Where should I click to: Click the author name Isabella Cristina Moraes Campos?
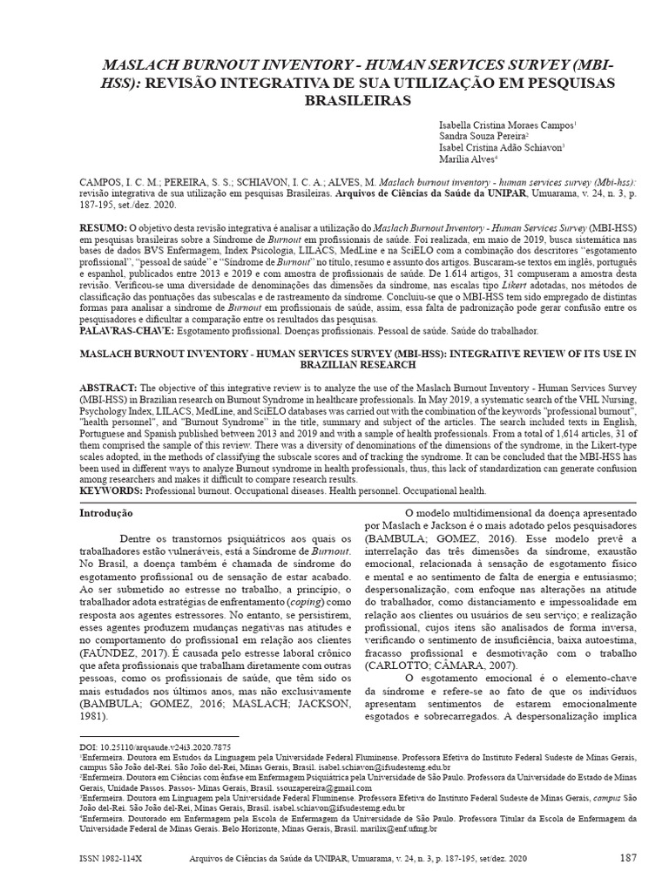point(505,125)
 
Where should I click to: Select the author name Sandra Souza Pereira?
point(483,137)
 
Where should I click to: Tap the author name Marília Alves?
point(468,159)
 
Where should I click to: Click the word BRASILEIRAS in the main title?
point(334,100)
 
